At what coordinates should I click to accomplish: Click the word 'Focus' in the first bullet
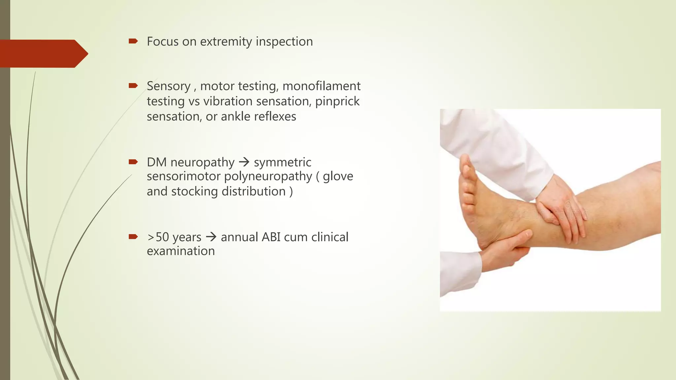(162, 42)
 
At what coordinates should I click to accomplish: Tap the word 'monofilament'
(321, 86)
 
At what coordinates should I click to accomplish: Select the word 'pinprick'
(337, 101)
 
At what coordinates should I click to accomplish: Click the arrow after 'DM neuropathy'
(244, 162)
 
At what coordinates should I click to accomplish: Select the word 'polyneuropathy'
(268, 176)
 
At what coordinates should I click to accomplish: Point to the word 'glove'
(338, 176)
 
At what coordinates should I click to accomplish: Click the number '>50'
(158, 237)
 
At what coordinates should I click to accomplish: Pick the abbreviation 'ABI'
(271, 237)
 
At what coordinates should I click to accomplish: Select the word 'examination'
(181, 251)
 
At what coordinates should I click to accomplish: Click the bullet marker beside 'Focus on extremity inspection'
(133, 41)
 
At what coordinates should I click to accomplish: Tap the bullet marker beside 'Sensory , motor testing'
(133, 86)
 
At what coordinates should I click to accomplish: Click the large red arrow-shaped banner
(43, 53)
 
